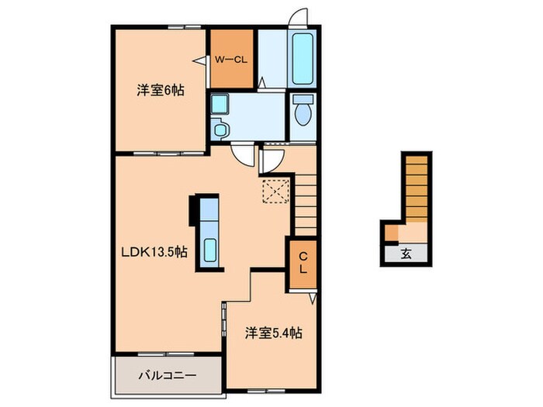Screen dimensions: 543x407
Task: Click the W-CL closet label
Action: tap(231, 60)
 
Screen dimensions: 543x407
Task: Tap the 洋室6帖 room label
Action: tap(161, 91)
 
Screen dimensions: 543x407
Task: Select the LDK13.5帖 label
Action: tap(154, 252)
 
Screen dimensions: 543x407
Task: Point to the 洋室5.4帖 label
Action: tap(274, 333)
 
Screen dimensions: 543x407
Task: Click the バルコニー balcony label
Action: tap(168, 375)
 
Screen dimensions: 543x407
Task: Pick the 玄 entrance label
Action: tap(406, 254)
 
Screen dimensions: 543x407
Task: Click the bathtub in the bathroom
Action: tap(303, 59)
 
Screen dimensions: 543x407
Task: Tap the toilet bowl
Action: tap(303, 115)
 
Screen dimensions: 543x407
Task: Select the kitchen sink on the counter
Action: tap(210, 250)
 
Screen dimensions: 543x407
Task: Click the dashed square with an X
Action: tap(275, 191)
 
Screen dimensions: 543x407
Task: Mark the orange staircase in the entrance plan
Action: tap(417, 188)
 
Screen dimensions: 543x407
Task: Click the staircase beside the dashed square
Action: tap(306, 205)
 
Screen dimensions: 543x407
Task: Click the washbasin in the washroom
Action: tap(220, 129)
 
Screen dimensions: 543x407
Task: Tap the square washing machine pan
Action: tap(220, 104)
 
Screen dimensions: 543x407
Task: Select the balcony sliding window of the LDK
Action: tap(166, 354)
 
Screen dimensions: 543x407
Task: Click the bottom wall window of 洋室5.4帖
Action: tap(266, 391)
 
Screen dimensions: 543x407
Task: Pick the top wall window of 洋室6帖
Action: tap(185, 26)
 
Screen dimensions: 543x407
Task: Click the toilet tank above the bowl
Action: tap(303, 99)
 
